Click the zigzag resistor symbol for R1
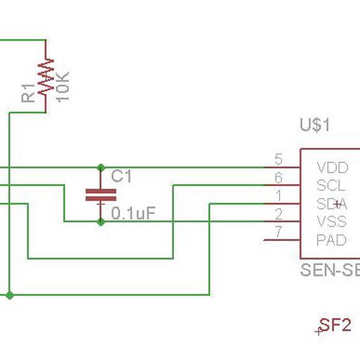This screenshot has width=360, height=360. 46,77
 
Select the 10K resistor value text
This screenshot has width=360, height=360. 64,85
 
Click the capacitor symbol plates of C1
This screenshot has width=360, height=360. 100,194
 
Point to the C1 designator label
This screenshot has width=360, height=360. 121,176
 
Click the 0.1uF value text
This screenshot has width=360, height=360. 134,213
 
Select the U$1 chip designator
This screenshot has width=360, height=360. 314,125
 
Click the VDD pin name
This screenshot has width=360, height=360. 332,167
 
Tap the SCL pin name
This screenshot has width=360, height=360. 331,185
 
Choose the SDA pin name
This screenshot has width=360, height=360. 332,203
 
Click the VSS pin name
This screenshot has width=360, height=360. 332,221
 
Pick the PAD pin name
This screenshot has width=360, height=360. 332,240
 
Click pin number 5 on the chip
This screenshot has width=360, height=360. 278,160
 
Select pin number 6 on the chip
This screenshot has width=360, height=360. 278,178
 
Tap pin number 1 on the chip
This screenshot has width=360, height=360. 278,196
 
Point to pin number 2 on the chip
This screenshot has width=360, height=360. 278,214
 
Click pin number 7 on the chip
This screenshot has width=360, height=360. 278,232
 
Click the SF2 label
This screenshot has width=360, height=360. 335,325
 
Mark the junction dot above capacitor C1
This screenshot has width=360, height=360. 100,167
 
